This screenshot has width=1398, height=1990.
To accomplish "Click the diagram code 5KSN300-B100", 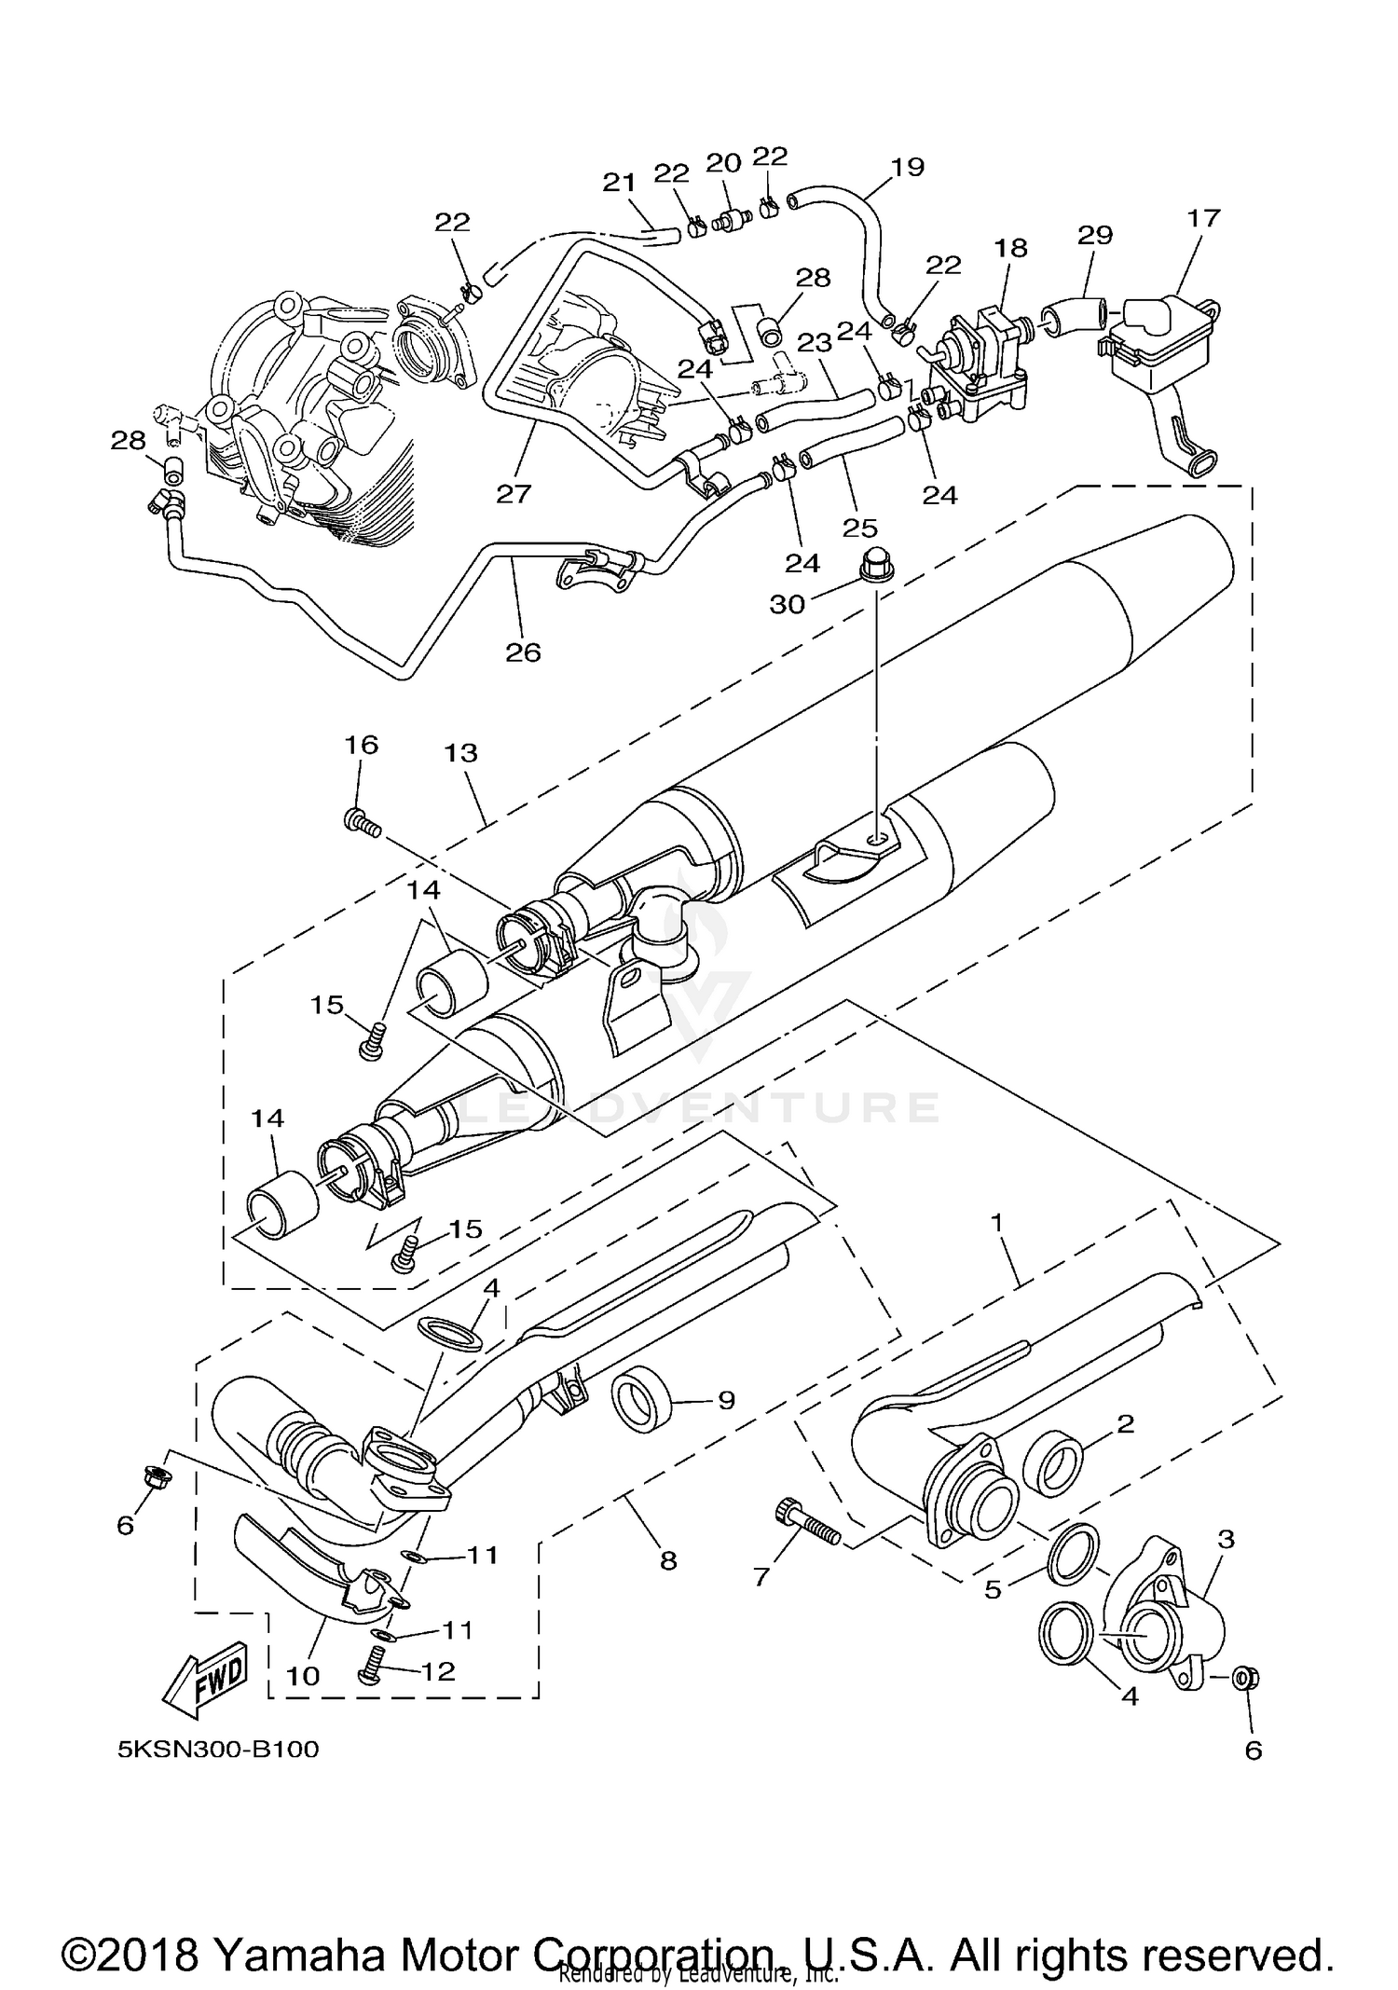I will (x=218, y=1750).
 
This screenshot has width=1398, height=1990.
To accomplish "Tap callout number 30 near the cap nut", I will (x=787, y=605).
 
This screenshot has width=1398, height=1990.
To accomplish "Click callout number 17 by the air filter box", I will (x=1203, y=218).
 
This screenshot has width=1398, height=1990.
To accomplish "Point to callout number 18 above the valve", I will (x=1010, y=248).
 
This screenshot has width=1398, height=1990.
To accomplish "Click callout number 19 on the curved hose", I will (x=907, y=167).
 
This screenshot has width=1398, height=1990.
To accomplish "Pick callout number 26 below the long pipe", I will (x=523, y=652).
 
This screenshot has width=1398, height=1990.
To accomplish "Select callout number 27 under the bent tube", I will (x=513, y=493).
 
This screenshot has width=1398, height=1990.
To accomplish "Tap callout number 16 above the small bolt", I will (x=362, y=745).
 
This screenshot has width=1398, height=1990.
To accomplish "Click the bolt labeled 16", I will (x=362, y=822).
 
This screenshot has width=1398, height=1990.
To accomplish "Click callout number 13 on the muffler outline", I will (x=461, y=753).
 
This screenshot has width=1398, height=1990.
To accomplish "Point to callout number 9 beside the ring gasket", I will (x=726, y=1399).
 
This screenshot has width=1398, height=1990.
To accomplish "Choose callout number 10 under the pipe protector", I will (x=303, y=1676).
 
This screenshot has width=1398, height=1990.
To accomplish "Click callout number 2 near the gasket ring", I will (x=1125, y=1423).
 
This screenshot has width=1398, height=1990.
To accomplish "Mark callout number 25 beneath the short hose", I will (x=859, y=528).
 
